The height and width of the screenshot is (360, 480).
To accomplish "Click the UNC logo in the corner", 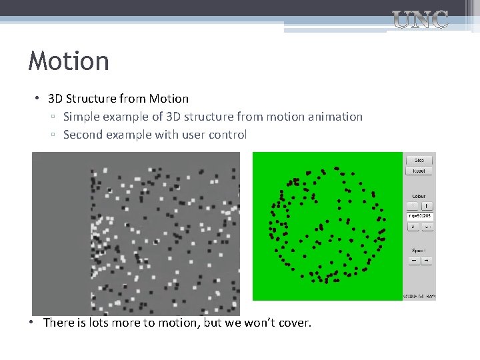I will point(421,20).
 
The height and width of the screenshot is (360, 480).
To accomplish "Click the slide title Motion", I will point(69,61).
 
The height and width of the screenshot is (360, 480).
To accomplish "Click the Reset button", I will point(419,171).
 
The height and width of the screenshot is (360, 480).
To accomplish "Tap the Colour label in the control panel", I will point(419,196).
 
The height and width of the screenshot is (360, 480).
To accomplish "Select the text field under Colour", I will point(420,216).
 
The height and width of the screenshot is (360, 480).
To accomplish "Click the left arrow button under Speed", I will point(413,261).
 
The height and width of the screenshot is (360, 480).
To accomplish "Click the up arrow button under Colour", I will point(427,206).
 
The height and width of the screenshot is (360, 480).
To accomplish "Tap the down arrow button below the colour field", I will point(413,227).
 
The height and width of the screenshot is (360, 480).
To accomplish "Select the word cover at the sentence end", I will point(294,323).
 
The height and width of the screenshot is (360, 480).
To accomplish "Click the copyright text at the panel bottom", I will point(419,296).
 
